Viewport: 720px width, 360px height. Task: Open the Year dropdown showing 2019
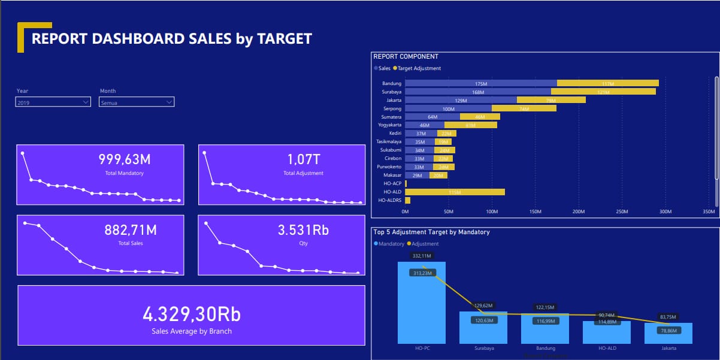point(53,102)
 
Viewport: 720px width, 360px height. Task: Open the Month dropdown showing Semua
point(137,102)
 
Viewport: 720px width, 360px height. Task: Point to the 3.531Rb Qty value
point(303,230)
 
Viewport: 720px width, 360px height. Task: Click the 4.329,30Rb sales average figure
point(191,314)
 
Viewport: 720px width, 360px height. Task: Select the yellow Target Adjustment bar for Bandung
point(607,83)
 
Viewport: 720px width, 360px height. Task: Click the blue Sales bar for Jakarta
point(461,100)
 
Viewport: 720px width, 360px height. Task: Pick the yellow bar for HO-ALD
point(455,192)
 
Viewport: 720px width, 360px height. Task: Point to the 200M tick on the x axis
point(579,211)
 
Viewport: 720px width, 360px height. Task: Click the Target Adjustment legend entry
point(419,68)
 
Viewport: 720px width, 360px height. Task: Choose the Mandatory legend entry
point(391,244)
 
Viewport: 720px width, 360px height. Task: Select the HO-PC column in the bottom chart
point(422,302)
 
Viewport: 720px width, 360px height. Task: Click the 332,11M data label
point(422,256)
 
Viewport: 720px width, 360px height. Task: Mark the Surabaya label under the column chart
point(483,348)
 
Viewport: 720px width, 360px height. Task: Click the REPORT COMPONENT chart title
point(406,56)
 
